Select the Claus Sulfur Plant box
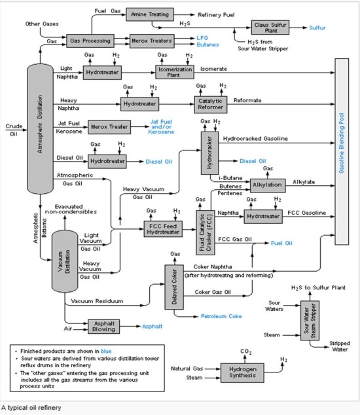(269, 27)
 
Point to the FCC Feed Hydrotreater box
(162, 229)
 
